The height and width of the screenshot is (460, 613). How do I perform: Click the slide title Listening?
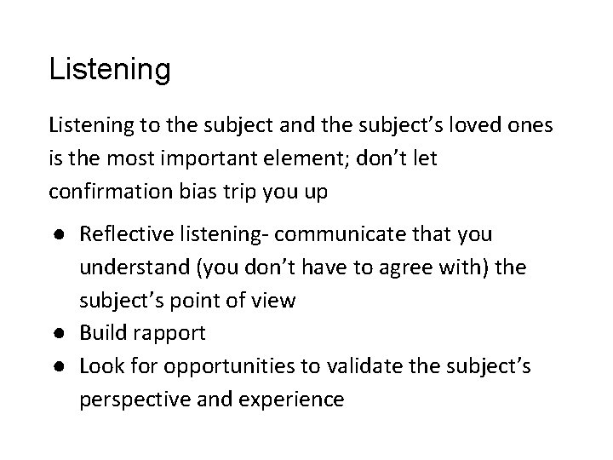coord(110,69)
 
